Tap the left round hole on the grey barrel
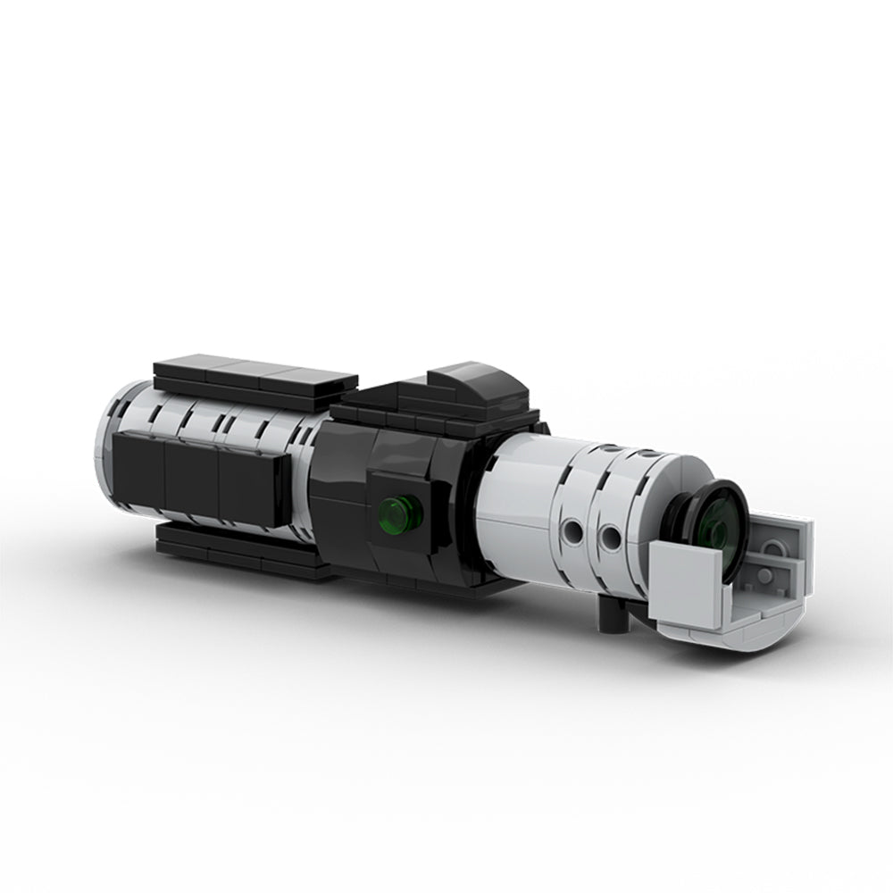[x=572, y=534]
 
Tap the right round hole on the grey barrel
[x=611, y=538]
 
